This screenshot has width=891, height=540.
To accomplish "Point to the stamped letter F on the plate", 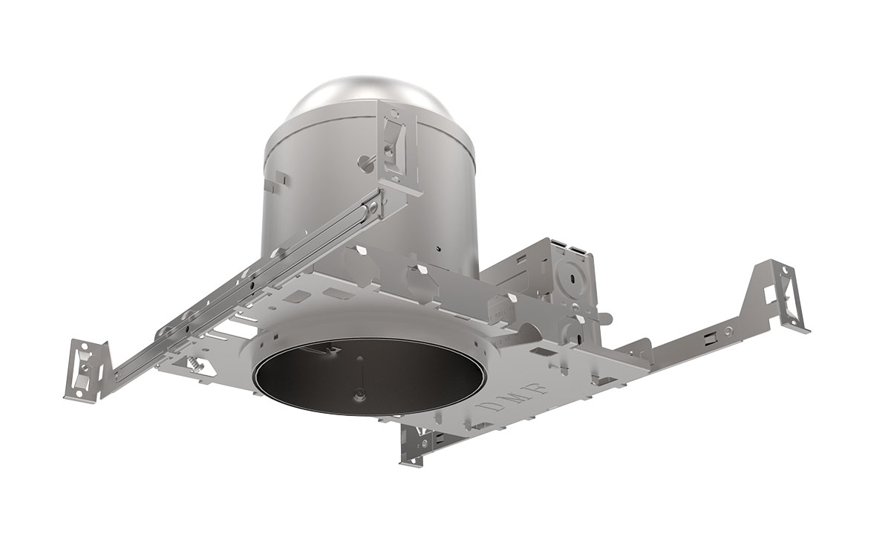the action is click(x=541, y=386).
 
